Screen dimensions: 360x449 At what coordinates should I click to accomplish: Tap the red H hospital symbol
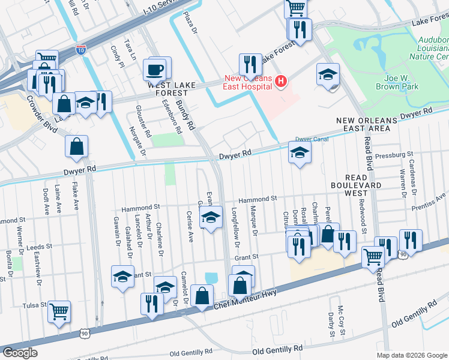coord(280,80)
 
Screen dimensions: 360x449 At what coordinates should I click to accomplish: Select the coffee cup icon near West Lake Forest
coord(155,69)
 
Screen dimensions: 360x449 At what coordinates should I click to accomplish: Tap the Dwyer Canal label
coord(310,138)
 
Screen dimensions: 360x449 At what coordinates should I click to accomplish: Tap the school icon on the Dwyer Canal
coord(300,153)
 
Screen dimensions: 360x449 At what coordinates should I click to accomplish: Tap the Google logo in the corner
coord(20,353)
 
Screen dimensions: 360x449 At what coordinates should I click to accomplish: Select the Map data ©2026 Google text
coord(411,355)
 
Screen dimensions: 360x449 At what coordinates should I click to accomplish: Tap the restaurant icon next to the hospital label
coord(250,64)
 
